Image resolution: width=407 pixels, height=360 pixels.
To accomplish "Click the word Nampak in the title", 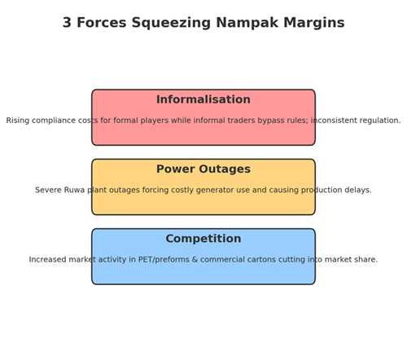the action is pos(247,23).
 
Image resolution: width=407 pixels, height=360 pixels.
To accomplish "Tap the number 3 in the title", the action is pos(67,22).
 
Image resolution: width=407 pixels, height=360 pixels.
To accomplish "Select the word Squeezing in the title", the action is pos(171,24).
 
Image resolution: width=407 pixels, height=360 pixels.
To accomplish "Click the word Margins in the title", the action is pos(314,24).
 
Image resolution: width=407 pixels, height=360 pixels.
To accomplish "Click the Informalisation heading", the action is pos(203,99).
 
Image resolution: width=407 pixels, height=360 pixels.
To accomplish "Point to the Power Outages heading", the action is pos(203,169).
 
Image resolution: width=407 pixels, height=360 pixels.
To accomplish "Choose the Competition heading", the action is pos(203,239).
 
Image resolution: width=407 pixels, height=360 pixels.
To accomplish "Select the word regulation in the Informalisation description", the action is pos(380,121).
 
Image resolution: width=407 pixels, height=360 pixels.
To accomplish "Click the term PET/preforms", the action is pos(164,260).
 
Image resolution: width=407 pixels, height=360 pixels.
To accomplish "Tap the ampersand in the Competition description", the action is pos(195,260).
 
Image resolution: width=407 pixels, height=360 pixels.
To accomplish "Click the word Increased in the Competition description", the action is pos(47,260).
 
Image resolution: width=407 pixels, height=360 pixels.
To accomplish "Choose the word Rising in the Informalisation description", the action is pos(18,121).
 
